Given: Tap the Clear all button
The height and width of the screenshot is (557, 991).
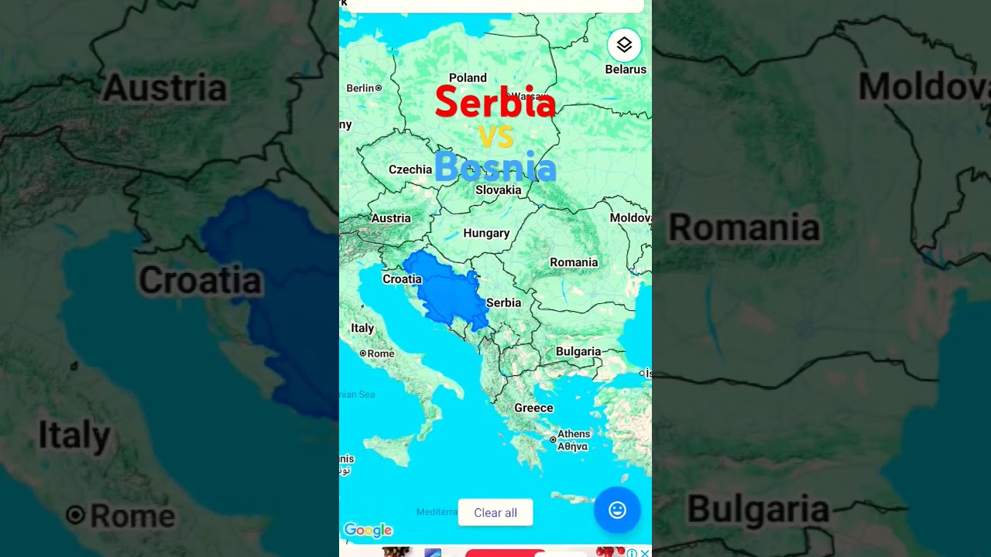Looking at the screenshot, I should [495, 513].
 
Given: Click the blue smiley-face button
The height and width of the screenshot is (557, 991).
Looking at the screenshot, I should [617, 510].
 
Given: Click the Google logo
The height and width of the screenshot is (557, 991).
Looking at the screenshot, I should [369, 530].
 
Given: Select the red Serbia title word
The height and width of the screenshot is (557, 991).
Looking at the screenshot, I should [495, 103].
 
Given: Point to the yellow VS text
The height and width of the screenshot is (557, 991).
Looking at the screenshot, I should [495, 137].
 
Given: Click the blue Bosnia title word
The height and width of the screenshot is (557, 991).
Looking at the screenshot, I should [495, 167].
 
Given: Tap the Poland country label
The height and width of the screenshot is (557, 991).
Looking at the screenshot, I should [468, 78].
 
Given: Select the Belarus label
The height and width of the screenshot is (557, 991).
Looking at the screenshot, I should [626, 70].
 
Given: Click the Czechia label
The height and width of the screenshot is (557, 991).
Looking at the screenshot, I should [410, 170].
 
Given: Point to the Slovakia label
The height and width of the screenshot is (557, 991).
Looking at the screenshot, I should [498, 190].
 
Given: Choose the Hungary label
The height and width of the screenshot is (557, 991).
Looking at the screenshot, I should [486, 234].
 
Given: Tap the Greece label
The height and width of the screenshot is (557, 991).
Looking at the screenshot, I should [533, 408].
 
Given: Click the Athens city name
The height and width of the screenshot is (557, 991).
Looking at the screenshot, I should [574, 434].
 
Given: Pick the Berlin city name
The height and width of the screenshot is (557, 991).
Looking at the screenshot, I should [360, 88].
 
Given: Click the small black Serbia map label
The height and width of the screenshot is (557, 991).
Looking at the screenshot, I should [503, 303].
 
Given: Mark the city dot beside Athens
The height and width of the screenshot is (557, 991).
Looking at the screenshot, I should [553, 439].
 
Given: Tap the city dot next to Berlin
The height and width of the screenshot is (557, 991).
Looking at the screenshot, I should [379, 88].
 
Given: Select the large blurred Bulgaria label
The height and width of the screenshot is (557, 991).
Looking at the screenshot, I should [758, 509].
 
